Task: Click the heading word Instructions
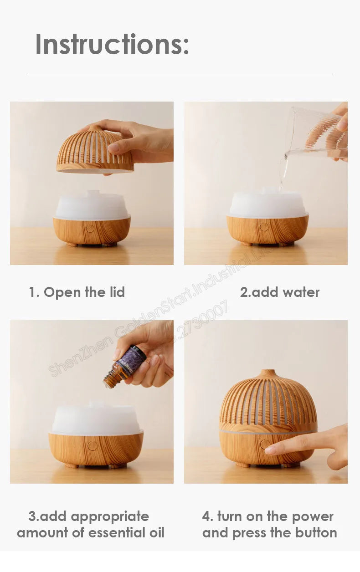coord(112,44)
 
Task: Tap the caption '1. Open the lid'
coord(77,292)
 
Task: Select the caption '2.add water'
coord(279,292)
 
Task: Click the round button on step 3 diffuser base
coord(93,445)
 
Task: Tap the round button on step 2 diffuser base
coord(264,227)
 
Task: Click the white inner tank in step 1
coord(93,206)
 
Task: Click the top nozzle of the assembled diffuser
coord(268,373)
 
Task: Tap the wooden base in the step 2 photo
coord(267,230)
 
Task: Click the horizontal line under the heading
coord(180,74)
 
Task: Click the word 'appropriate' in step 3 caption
coord(110,516)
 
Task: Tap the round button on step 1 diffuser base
coord(90,228)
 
